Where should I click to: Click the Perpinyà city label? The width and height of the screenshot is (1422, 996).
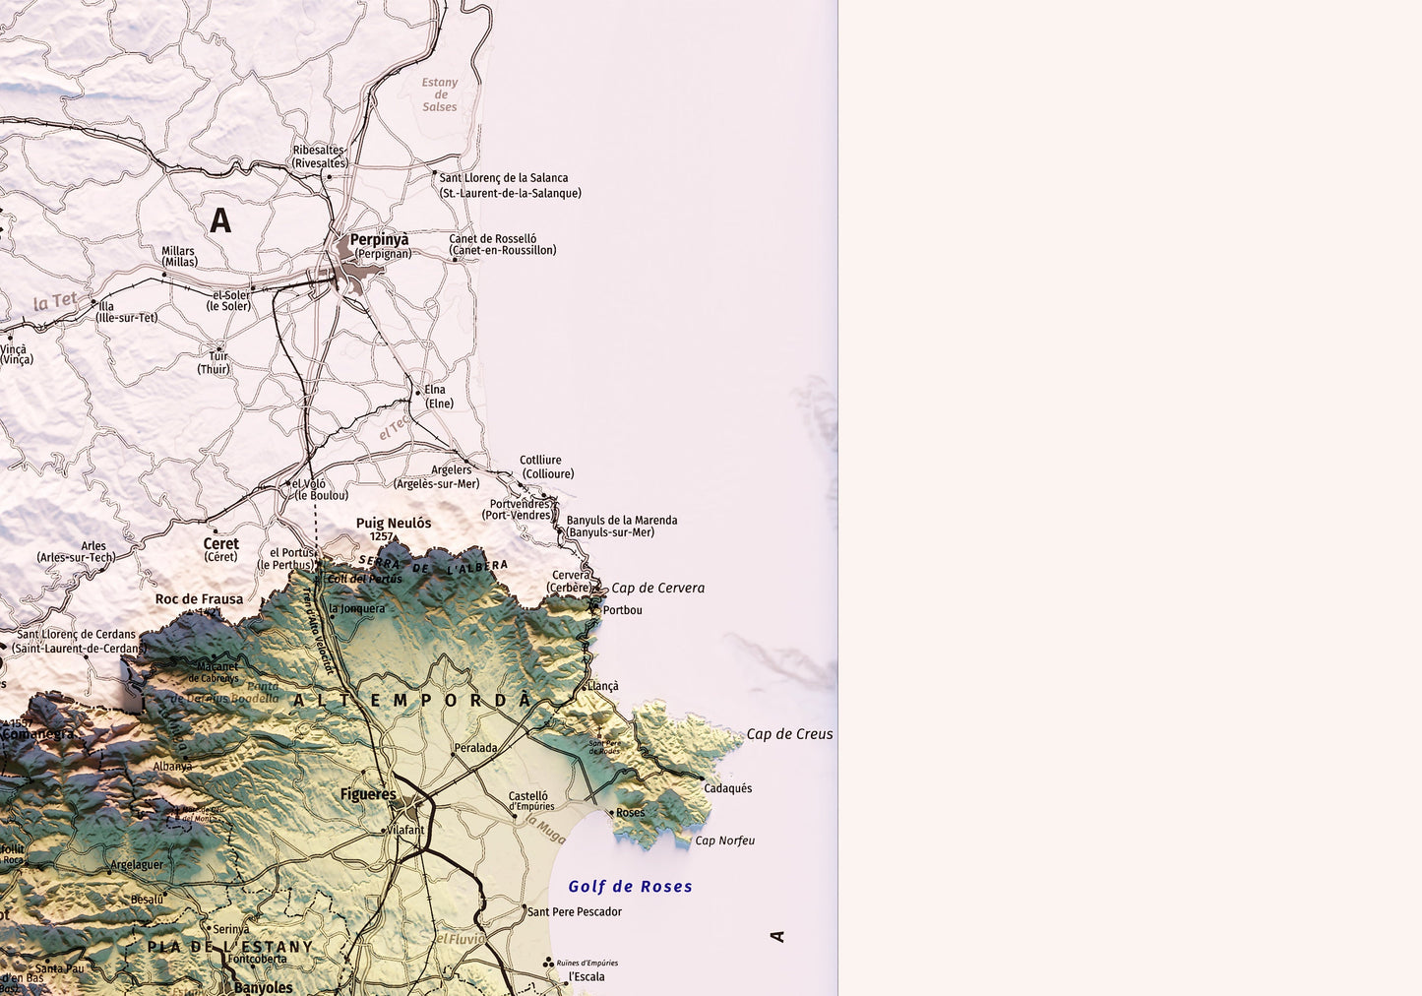[x=379, y=239]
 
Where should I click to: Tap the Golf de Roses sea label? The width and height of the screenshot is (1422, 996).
[x=630, y=887]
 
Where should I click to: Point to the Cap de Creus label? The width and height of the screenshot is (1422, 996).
[x=789, y=734]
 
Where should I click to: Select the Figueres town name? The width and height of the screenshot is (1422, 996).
[x=368, y=794]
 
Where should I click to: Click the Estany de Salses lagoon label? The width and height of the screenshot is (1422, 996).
[x=440, y=94]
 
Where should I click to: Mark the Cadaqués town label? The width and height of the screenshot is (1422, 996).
[x=727, y=788]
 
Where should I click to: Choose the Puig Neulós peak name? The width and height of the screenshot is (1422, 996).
[x=394, y=524]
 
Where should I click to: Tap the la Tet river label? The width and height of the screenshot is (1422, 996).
[x=55, y=301]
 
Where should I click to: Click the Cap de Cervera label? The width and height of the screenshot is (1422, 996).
[x=657, y=589]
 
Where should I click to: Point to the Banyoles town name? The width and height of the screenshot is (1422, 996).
[x=263, y=987]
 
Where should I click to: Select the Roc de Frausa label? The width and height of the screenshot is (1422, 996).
[x=199, y=599]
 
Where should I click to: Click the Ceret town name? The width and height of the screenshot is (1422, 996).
[x=221, y=543]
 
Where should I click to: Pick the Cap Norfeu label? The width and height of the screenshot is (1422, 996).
[x=724, y=840]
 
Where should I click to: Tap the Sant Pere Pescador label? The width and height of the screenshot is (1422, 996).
[x=575, y=912]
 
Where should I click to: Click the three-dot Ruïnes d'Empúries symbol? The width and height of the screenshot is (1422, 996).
[x=548, y=963]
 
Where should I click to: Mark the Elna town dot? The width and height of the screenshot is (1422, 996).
[x=418, y=393]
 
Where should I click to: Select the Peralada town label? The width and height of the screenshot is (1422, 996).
[x=475, y=748]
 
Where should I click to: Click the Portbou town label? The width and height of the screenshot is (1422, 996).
[x=622, y=610]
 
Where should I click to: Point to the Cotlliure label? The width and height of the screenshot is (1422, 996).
[x=540, y=461]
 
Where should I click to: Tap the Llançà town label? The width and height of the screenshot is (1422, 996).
[x=603, y=686]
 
